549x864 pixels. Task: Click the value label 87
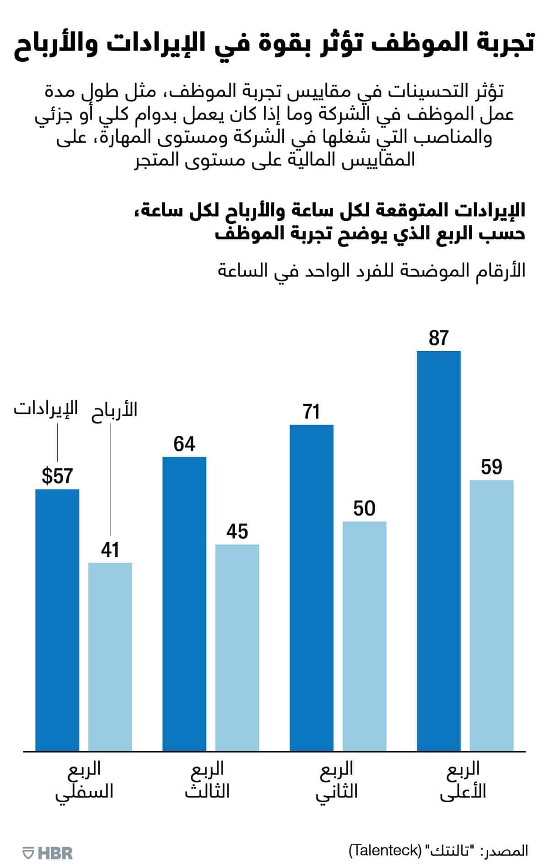(439, 338)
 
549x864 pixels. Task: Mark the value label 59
(491, 467)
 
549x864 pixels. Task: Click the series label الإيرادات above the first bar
(46, 408)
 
